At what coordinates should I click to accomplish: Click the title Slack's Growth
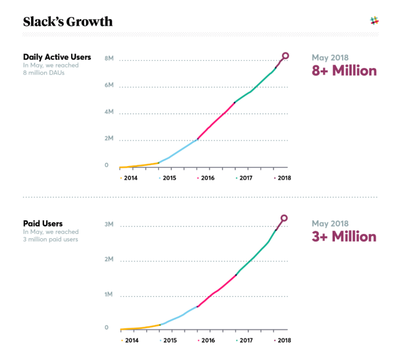[x=67, y=22]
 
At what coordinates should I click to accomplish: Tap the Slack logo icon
[x=375, y=21]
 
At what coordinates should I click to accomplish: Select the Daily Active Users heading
[x=57, y=57]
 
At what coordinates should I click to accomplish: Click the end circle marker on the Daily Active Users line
[x=285, y=56]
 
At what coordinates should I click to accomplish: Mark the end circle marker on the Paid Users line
[x=284, y=218]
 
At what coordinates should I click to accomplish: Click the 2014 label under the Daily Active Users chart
[x=131, y=178]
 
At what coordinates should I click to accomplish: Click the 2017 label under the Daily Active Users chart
[x=245, y=178]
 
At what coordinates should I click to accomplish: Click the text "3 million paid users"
[x=51, y=239]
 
